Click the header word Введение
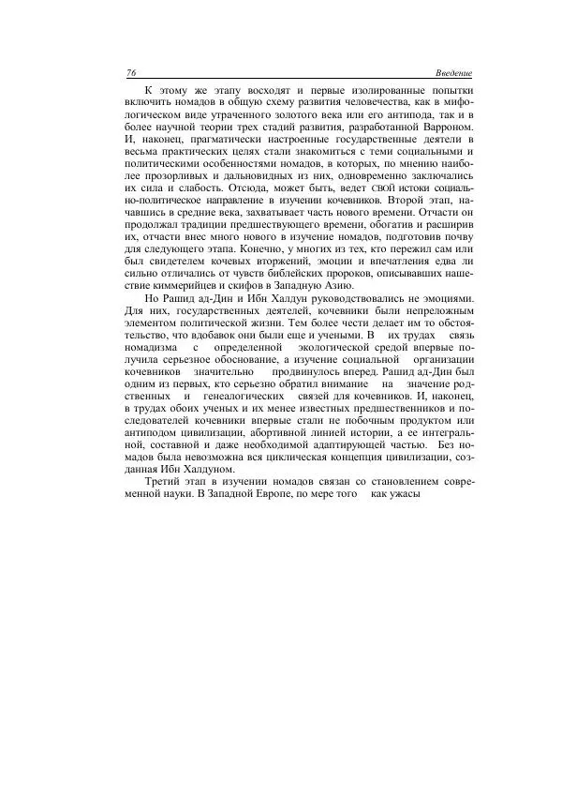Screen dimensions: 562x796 [453, 73]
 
